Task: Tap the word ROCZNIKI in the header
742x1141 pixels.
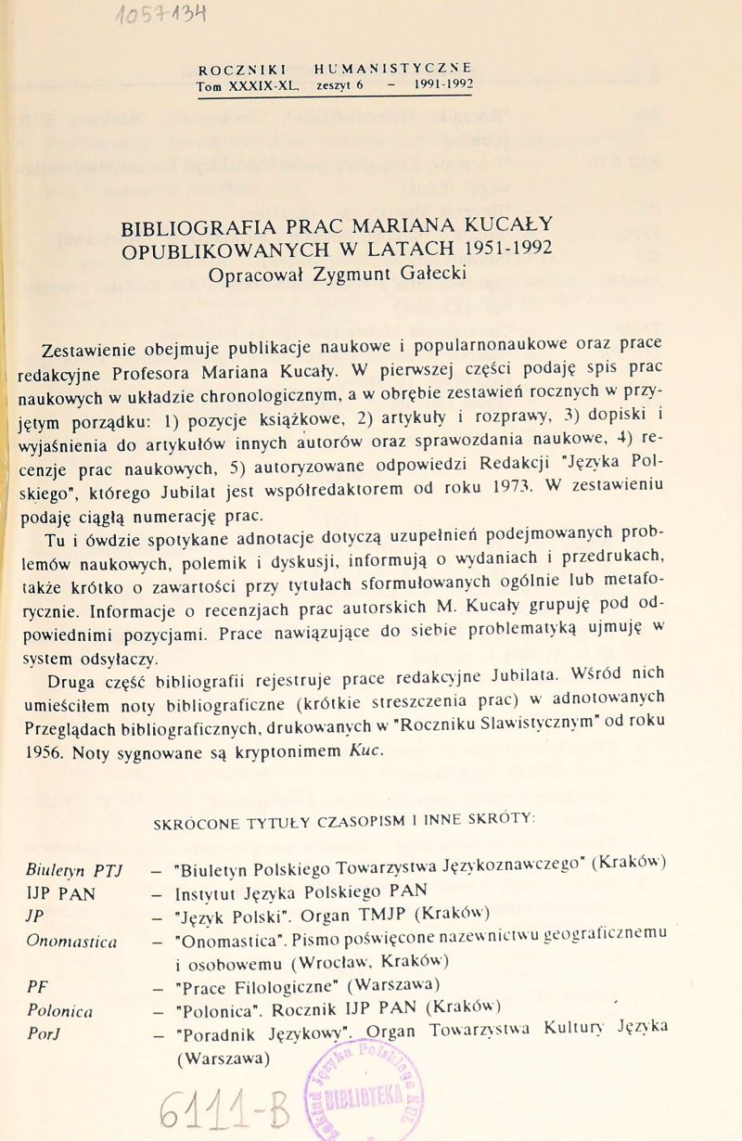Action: [242, 69]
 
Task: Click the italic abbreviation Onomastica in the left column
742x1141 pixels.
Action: [71, 941]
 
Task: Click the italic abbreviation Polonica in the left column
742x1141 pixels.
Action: [59, 1009]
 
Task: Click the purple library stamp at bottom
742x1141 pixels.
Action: [362, 1091]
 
